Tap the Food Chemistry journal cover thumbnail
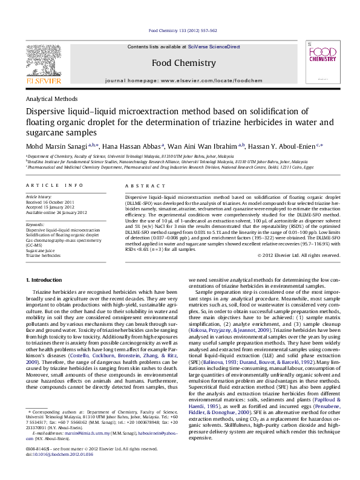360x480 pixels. click(x=318, y=63)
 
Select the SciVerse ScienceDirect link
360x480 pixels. click(x=214, y=47)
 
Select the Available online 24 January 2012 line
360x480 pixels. click(x=56, y=212)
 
